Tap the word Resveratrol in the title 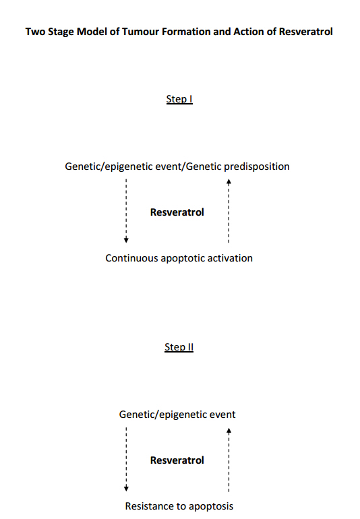pos(305,32)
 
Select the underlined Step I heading pos(179,99)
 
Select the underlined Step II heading pos(179,347)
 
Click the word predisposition pos(257,166)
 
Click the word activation pos(229,258)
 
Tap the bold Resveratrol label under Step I pos(177,212)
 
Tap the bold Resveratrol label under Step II pos(177,460)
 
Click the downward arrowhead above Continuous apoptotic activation pos(126,240)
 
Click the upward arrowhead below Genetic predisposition pos(229,182)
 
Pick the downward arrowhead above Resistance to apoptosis pos(126,488)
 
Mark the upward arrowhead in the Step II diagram pos(229,431)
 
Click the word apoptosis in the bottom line pos(211,507)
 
